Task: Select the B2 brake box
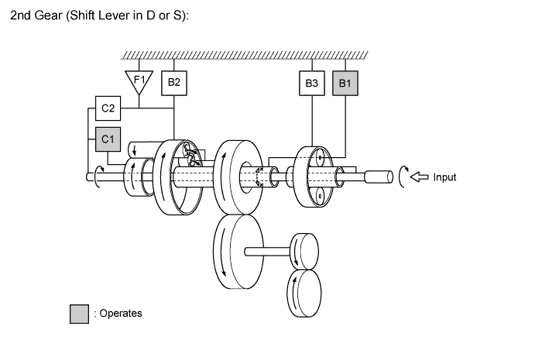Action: tap(174, 83)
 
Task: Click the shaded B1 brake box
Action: tap(344, 83)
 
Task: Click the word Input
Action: tap(444, 177)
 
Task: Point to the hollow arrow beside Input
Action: tap(419, 177)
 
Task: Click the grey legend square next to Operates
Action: tap(79, 314)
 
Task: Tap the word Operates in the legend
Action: tap(120, 314)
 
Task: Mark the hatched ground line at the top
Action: tap(245, 55)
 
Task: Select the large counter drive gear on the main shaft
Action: tap(236, 177)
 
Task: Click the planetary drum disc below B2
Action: tap(177, 178)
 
